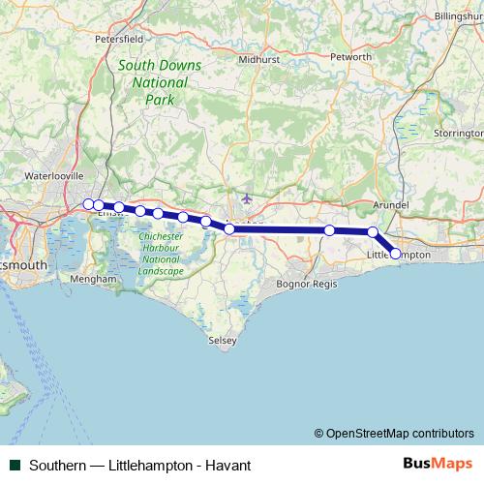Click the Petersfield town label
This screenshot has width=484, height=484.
coord(120,39)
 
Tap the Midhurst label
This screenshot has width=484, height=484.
coord(259,59)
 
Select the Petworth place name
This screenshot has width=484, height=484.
coord(350,57)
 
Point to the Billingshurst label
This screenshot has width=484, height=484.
coord(461,16)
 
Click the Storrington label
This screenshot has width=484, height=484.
coord(458,132)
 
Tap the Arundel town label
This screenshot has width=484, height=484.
coord(391,206)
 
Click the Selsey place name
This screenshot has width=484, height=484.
coord(223,341)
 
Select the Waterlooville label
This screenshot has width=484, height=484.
coord(55,176)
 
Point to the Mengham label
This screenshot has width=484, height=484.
coord(93,279)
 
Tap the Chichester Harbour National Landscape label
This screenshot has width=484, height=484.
coord(161,254)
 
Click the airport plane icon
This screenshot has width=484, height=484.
coord(247,198)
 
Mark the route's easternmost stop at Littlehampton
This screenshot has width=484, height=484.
coord(395,254)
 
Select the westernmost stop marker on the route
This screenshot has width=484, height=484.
coord(88,204)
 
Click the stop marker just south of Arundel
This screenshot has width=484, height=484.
coord(373,232)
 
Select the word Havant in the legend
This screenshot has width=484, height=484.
coord(229,466)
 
